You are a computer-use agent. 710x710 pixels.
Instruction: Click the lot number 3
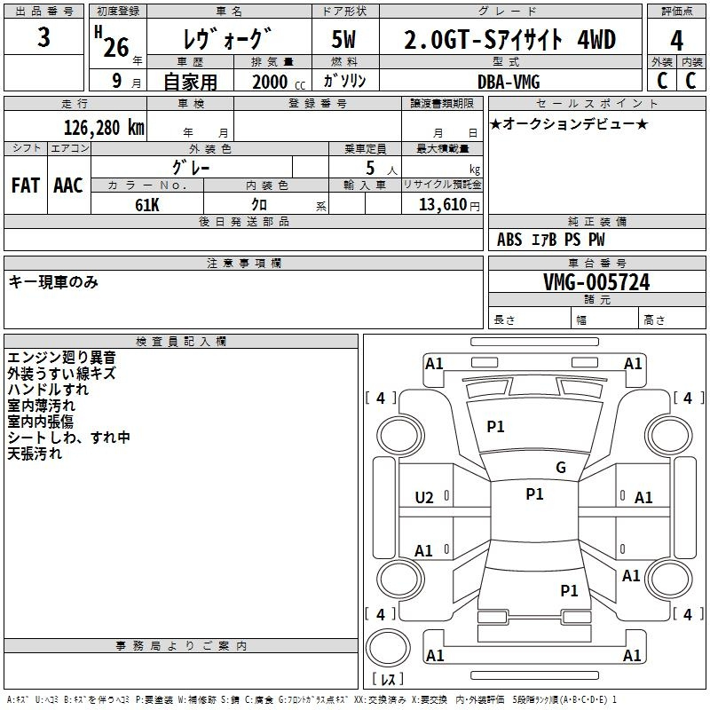[43, 37]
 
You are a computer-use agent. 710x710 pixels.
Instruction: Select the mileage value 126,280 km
[104, 128]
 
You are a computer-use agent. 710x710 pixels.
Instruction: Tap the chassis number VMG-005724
[596, 282]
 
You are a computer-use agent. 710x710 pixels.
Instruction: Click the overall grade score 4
[676, 41]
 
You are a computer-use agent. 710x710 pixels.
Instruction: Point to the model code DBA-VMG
[509, 82]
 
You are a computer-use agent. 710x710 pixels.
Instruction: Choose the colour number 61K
[147, 205]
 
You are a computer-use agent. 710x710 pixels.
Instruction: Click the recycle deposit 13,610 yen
[449, 205]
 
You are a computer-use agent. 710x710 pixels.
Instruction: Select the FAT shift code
[26, 185]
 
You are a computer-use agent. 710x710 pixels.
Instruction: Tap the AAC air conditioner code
[68, 185]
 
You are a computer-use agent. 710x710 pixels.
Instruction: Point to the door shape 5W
[343, 39]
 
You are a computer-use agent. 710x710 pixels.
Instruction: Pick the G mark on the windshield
[561, 468]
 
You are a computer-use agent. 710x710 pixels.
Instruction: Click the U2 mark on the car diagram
[424, 498]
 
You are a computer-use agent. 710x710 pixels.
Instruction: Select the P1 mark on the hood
[495, 427]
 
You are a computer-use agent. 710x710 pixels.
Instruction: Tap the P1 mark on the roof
[534, 494]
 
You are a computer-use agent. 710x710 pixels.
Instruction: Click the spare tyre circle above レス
[388, 648]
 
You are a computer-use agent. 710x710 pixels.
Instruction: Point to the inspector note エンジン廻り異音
[61, 358]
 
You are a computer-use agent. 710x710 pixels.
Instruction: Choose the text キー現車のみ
[53, 282]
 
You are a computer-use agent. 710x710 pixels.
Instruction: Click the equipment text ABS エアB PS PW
[550, 240]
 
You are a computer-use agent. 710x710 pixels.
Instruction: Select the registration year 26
[116, 47]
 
